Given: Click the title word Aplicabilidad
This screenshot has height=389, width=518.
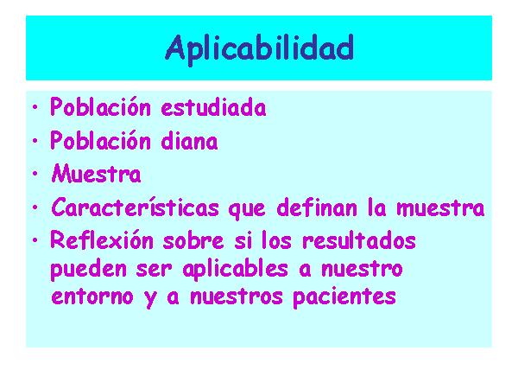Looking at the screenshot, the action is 260,49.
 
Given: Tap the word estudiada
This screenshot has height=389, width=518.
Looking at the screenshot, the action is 214,107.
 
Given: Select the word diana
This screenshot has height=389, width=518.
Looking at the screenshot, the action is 190,141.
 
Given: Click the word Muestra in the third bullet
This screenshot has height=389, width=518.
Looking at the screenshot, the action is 96,174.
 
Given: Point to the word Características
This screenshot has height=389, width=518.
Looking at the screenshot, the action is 136,207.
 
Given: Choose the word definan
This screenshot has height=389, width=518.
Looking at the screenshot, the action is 317,207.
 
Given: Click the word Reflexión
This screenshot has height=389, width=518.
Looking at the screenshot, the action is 102,239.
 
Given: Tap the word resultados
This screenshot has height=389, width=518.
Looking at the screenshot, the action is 359,239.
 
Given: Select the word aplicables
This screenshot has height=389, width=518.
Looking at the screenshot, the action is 235,269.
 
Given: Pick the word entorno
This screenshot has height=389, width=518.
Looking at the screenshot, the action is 92,297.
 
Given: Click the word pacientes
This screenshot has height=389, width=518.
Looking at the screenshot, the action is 344,297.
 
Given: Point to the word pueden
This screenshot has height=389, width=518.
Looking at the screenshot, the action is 89,269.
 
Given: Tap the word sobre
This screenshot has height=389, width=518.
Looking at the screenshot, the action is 193,239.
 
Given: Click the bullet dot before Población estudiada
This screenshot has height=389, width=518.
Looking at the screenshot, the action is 35,107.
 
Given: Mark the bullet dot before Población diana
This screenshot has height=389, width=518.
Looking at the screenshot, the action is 35,141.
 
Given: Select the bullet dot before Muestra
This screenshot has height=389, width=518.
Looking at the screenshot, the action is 35,174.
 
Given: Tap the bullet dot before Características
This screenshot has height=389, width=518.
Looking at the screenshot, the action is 35,207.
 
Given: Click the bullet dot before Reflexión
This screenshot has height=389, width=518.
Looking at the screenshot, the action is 35,240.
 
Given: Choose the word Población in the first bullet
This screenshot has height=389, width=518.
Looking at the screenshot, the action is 100,107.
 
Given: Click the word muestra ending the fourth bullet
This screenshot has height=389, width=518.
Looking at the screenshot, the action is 440,208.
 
